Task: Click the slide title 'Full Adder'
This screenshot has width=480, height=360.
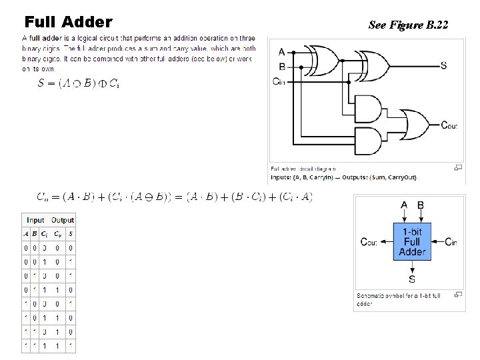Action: pyautogui.click(x=68, y=23)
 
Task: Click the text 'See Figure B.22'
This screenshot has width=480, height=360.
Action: pyautogui.click(x=408, y=26)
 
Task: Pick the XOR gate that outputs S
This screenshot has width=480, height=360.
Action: pyautogui.click(x=374, y=65)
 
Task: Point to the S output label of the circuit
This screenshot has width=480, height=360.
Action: pyautogui.click(x=444, y=65)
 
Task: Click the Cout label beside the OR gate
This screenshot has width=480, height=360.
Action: pyautogui.click(x=449, y=125)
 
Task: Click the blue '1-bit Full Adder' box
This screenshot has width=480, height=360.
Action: pyautogui.click(x=412, y=241)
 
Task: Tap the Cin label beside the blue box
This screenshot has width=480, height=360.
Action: pyautogui.click(x=451, y=241)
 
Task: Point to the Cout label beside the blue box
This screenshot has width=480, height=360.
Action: pyautogui.click(x=369, y=241)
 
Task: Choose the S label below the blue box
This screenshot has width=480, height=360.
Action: pyautogui.click(x=412, y=279)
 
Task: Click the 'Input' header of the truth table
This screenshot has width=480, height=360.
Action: pyautogui.click(x=35, y=220)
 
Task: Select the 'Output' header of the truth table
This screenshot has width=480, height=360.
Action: pyautogui.click(x=63, y=220)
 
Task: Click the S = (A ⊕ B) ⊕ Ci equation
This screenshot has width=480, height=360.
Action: pyautogui.click(x=79, y=83)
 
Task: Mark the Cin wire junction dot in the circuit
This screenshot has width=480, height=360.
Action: pyautogui.click(x=348, y=81)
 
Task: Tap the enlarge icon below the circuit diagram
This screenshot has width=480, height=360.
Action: pyautogui.click(x=457, y=168)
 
